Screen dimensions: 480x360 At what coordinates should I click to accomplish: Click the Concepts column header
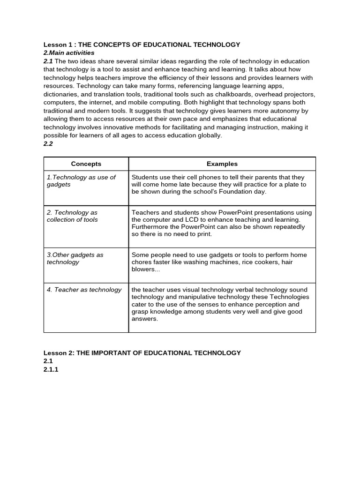coord(86,164)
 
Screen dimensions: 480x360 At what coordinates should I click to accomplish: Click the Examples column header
coord(222,164)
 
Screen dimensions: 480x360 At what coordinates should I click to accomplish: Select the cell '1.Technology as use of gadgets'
coord(81,181)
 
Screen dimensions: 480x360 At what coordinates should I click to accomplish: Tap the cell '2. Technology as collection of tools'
coord(72,216)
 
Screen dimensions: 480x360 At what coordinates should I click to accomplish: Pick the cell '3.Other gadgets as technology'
coord(75,258)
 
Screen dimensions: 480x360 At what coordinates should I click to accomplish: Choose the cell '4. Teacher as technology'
coord(84,290)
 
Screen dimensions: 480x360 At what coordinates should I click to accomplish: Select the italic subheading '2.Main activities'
coord(69,53)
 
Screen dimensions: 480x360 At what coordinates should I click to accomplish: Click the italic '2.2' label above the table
coord(48,144)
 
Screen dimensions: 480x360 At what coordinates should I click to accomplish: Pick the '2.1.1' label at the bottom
coord(51,369)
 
